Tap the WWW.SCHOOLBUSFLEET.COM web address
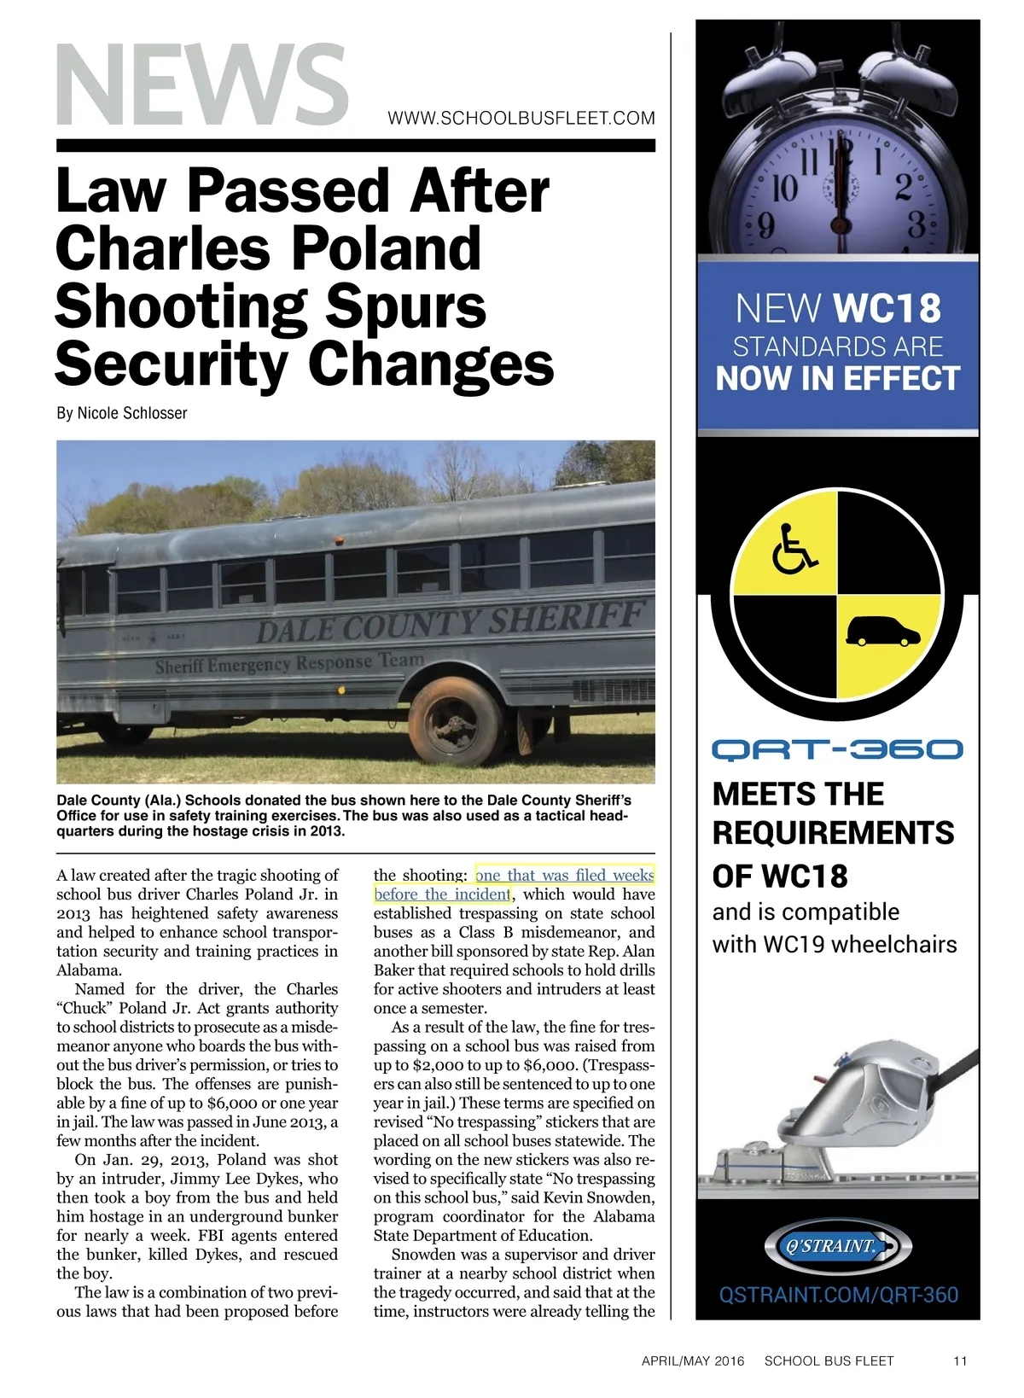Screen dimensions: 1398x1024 pyautogui.click(x=521, y=119)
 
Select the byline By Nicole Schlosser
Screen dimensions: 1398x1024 pyautogui.click(x=122, y=413)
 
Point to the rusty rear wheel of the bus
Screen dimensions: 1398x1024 pyautogui.click(x=455, y=721)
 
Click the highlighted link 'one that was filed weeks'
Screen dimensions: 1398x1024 pyautogui.click(x=565, y=876)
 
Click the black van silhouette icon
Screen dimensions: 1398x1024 pyautogui.click(x=882, y=632)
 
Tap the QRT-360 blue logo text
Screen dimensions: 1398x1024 pyautogui.click(x=837, y=750)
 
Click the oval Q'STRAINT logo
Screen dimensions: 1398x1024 pyautogui.click(x=837, y=1246)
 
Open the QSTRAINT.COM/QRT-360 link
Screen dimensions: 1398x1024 pyautogui.click(x=838, y=1295)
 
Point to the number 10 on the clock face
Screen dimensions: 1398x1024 pyautogui.click(x=784, y=188)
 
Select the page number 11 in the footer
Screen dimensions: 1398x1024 pyautogui.click(x=960, y=1360)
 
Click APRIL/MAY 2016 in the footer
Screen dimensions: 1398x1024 pyautogui.click(x=692, y=1360)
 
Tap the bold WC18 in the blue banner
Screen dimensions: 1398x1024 pyautogui.click(x=887, y=309)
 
